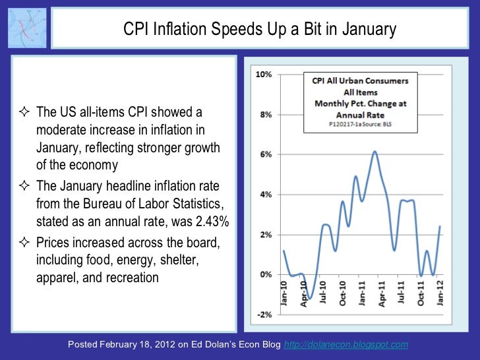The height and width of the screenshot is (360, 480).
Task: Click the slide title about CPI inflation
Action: coord(260,30)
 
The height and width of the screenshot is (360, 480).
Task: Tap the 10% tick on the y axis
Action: coord(263,75)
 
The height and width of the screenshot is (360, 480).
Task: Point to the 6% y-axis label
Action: coord(265,154)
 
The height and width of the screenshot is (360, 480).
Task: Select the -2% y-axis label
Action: coord(264,315)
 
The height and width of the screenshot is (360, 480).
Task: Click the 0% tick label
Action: coord(265,274)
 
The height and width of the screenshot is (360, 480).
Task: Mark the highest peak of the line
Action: coord(375,152)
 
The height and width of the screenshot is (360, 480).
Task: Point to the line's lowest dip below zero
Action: coord(309,298)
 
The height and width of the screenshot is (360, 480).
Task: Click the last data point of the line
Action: coord(440,226)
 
